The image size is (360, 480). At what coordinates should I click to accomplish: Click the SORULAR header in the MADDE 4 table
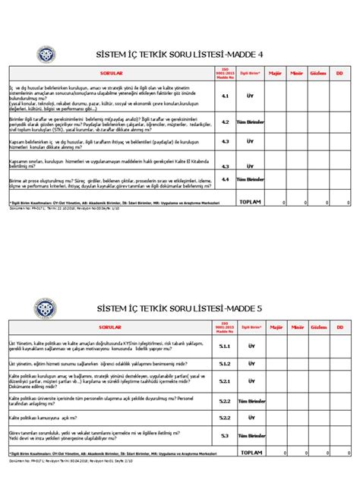pyautogui.click(x=106, y=73)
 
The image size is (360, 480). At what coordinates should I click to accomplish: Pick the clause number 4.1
pyautogui.click(x=226, y=97)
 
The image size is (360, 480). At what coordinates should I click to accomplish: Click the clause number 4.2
pyautogui.click(x=226, y=122)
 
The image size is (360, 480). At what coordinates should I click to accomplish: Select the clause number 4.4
pyautogui.click(x=226, y=180)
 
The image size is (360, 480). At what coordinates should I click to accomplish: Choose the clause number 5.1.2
pyautogui.click(x=226, y=363)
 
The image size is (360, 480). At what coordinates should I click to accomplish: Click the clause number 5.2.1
pyautogui.click(x=226, y=381)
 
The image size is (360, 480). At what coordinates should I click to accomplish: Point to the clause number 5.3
pyautogui.click(x=226, y=435)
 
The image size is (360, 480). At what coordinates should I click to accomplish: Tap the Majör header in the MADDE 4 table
pyautogui.click(x=276, y=73)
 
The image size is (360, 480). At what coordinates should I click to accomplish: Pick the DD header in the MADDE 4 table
pyautogui.click(x=339, y=73)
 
